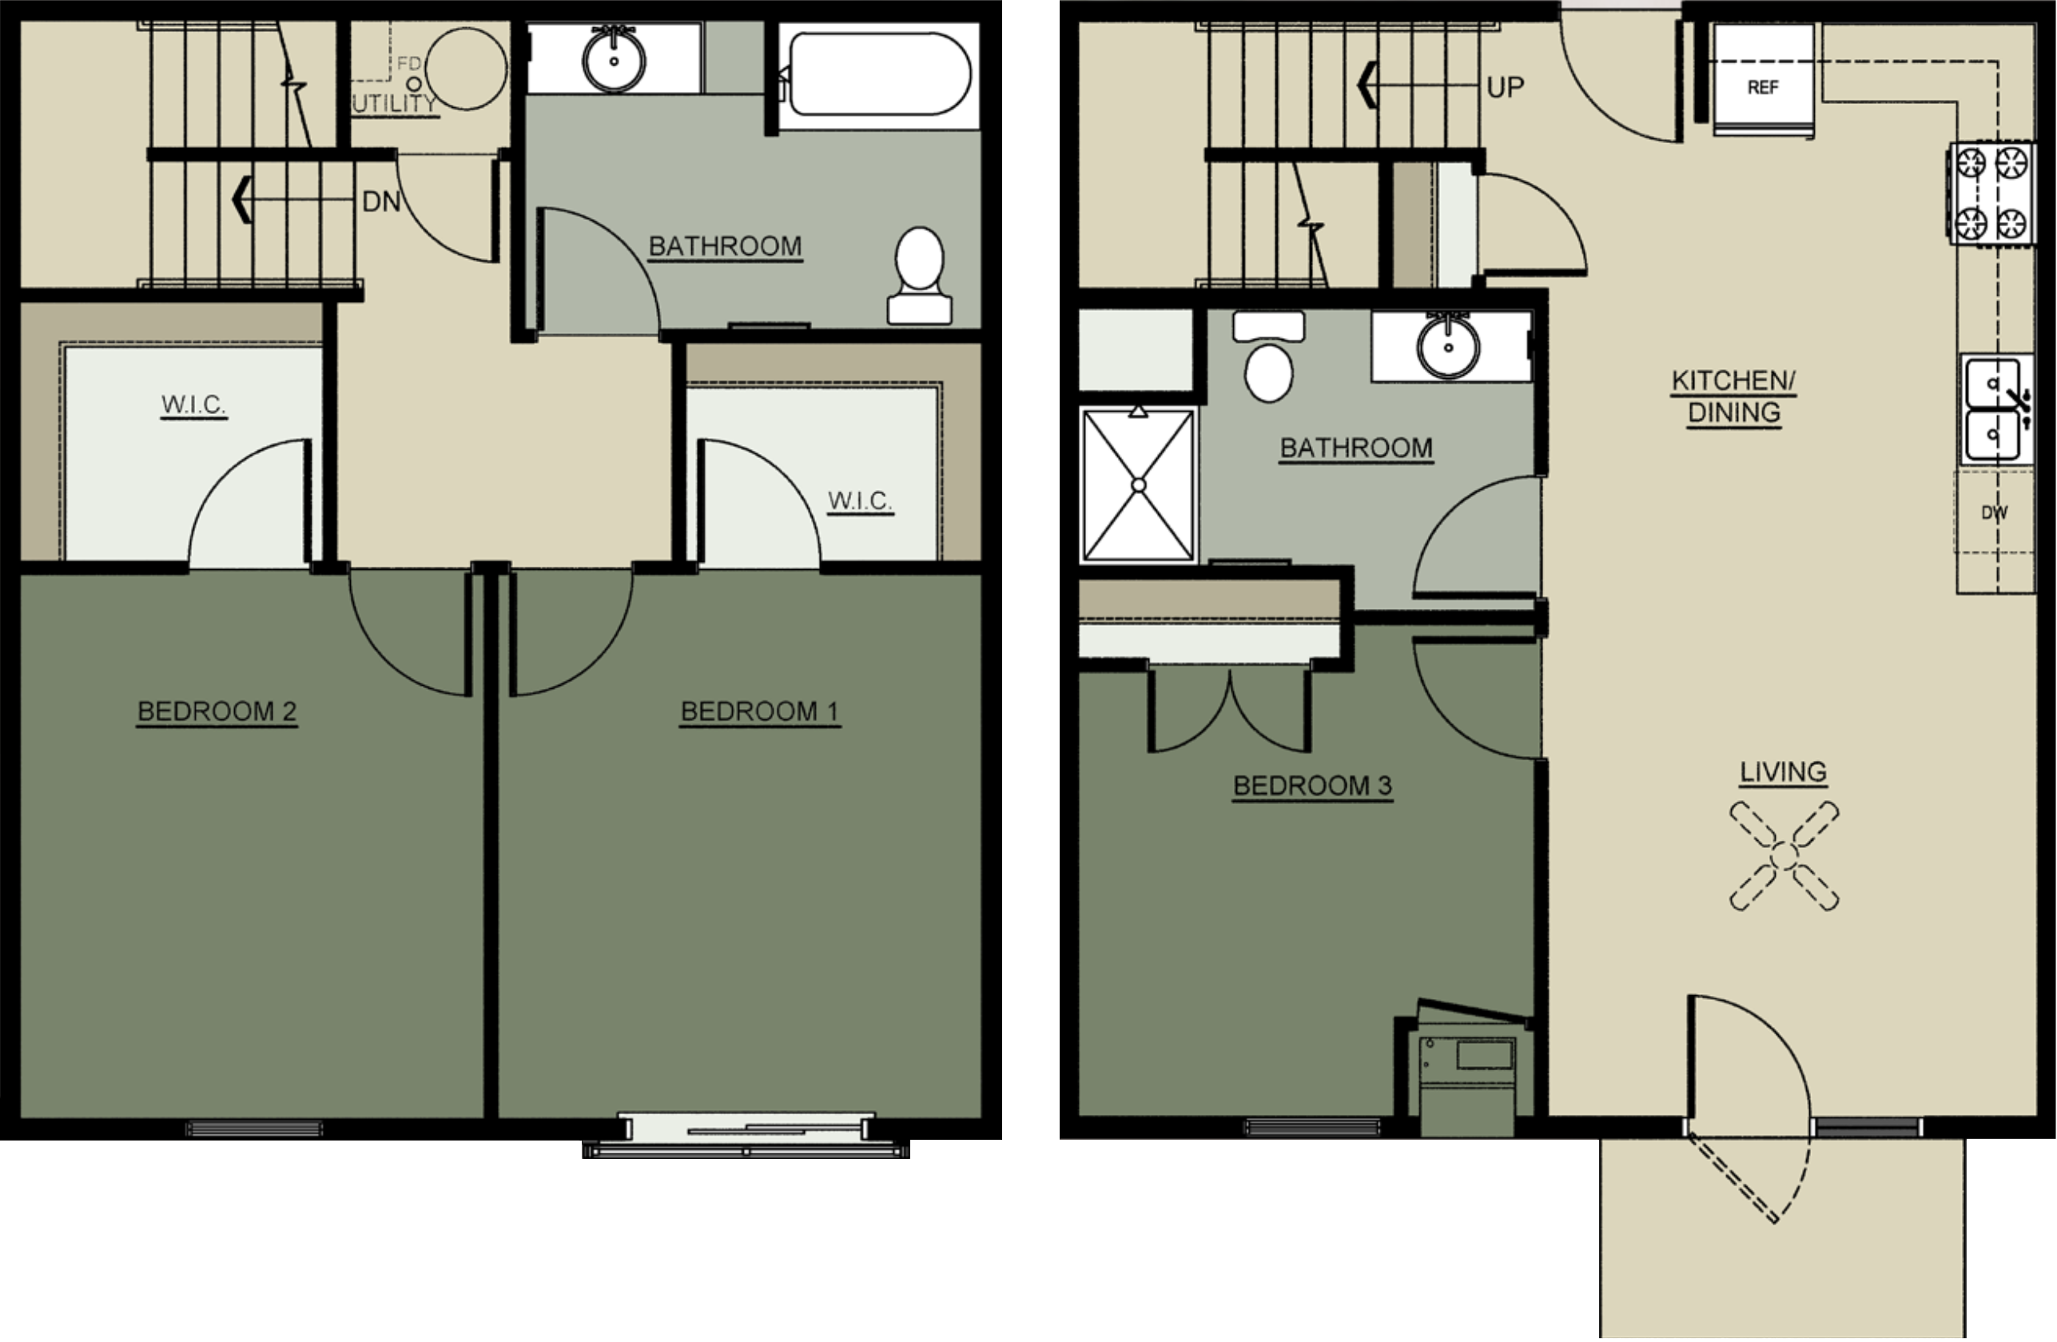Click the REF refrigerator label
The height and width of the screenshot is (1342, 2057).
[1762, 87]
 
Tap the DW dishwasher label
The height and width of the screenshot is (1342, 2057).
[1994, 513]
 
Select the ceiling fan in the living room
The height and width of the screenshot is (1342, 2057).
[1784, 857]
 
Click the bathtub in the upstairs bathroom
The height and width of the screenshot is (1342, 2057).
[880, 74]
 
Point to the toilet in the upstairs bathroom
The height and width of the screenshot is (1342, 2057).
[920, 275]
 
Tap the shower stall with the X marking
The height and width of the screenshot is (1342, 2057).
[1138, 485]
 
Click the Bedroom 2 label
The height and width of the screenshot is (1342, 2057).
[217, 711]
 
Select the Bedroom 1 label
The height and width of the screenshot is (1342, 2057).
[760, 711]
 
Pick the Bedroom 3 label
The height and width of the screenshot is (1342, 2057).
[1312, 786]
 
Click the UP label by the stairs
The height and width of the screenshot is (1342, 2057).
[1505, 87]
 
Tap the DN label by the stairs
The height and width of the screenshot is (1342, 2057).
[381, 201]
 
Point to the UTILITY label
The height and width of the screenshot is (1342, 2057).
[394, 104]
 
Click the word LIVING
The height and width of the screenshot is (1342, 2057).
[1783, 772]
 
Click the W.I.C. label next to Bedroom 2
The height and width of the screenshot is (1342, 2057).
[193, 404]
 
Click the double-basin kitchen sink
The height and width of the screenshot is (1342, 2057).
[1994, 411]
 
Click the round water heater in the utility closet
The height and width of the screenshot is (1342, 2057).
[467, 68]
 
